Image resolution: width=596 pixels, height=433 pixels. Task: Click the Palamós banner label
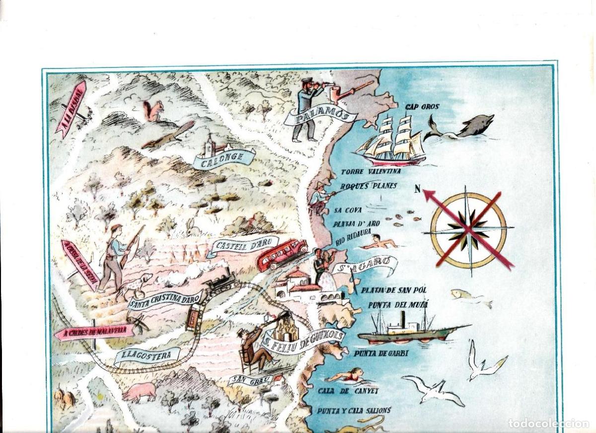pyautogui.click(x=320, y=118)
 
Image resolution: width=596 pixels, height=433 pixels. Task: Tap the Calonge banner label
pyautogui.click(x=224, y=158)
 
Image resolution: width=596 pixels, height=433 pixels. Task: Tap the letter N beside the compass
pyautogui.click(x=418, y=188)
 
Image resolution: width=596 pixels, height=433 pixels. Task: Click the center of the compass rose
pyautogui.click(x=468, y=229)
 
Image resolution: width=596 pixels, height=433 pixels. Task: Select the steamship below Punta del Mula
pyautogui.click(x=407, y=329)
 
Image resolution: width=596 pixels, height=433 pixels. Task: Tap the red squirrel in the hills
pyautogui.click(x=153, y=111)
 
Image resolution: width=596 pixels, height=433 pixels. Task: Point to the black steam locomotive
pyautogui.click(x=221, y=281)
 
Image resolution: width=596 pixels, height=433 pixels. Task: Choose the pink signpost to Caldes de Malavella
pyautogui.click(x=94, y=331)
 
